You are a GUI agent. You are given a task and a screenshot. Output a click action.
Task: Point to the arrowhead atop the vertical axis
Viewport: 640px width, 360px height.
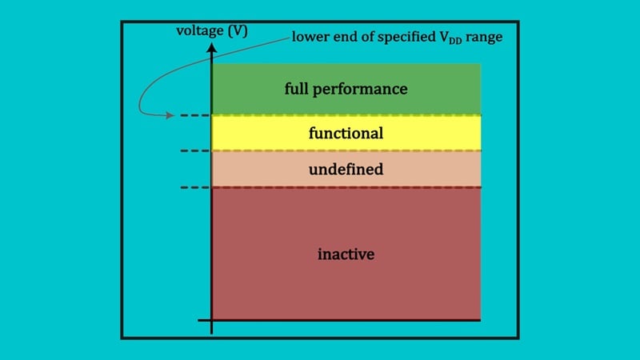point(211,48)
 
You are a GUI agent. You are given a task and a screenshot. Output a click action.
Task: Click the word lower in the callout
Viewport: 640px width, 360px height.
point(308,38)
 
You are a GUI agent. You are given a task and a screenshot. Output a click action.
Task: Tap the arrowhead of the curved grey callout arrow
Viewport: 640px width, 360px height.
point(170,116)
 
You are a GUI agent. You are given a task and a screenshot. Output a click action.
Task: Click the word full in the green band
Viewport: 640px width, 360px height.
point(297,88)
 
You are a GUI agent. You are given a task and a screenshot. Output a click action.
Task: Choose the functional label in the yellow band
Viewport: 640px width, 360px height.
point(346,133)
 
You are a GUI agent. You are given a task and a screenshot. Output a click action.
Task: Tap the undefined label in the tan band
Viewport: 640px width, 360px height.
point(346,169)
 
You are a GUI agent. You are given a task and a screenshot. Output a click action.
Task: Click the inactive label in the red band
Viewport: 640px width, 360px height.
point(346,254)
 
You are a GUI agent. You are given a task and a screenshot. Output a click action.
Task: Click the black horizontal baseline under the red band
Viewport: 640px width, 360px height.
point(344,320)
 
